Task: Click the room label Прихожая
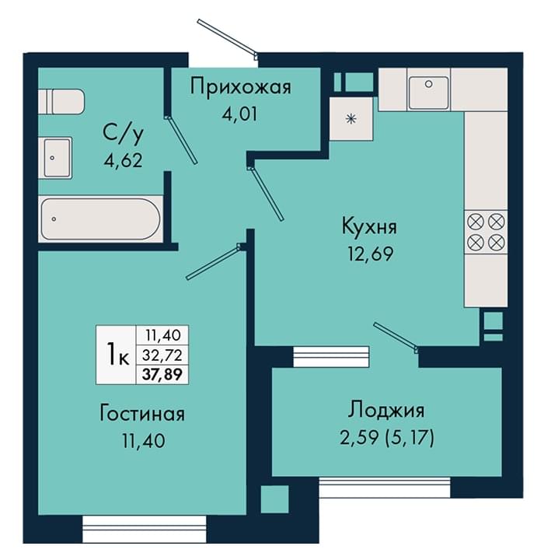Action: (x=240, y=88)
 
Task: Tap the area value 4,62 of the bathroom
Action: (x=124, y=160)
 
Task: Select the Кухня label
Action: (x=369, y=226)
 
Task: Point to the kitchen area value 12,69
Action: (x=371, y=254)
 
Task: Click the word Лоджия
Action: (x=386, y=411)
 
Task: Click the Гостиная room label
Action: (x=142, y=414)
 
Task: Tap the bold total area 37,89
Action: (x=162, y=374)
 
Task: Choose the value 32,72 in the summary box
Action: (x=162, y=355)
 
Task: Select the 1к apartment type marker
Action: (x=117, y=355)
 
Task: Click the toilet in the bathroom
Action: (x=61, y=102)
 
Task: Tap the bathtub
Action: (x=100, y=219)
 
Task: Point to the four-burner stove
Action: (x=486, y=232)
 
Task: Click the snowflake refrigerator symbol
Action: (x=351, y=118)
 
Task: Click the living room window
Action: (x=145, y=529)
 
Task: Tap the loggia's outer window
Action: (x=385, y=487)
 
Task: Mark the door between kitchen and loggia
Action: (x=396, y=336)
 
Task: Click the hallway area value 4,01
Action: (x=239, y=114)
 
